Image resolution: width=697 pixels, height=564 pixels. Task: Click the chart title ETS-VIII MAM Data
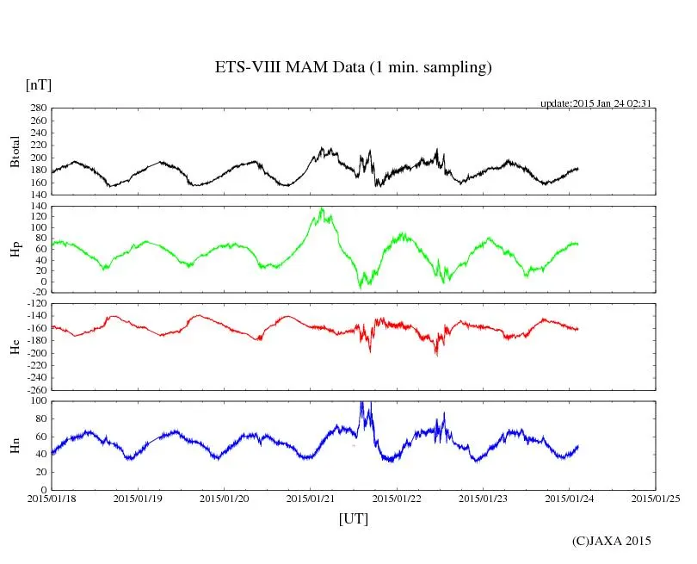[353, 68]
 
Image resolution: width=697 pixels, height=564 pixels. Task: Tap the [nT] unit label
[38, 85]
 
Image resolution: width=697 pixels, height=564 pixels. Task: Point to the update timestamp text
[595, 103]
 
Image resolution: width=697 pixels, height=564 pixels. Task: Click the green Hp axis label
[15, 250]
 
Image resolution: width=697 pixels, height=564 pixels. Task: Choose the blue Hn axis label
[15, 445]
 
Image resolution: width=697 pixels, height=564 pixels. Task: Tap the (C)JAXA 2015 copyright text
[612, 541]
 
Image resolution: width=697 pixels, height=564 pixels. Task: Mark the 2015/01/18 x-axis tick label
[52, 499]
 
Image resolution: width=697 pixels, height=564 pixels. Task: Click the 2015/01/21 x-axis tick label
[311, 499]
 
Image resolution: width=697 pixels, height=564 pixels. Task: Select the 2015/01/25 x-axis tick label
[656, 499]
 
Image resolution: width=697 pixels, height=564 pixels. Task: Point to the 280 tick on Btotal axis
[36, 109]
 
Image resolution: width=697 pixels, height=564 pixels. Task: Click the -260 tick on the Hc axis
[34, 390]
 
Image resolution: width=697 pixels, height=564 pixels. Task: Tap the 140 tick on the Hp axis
[36, 207]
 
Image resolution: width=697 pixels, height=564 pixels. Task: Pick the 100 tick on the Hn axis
[36, 401]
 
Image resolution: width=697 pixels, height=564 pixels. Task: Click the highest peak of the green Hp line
[322, 208]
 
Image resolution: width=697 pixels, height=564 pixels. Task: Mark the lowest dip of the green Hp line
[361, 287]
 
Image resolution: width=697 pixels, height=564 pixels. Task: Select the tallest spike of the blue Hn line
[362, 403]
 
